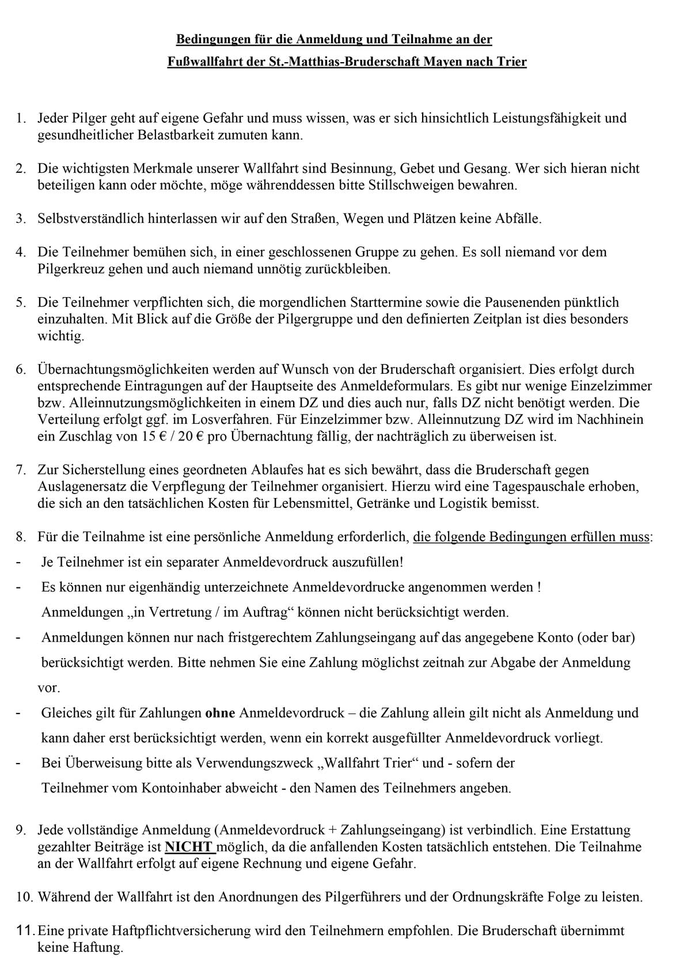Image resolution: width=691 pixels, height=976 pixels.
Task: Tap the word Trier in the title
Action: (x=511, y=62)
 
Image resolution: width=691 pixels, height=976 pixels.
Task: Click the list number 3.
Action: (x=21, y=219)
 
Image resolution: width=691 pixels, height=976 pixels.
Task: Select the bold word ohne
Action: (x=220, y=713)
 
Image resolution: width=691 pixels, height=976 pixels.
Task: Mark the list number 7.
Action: (x=21, y=470)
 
